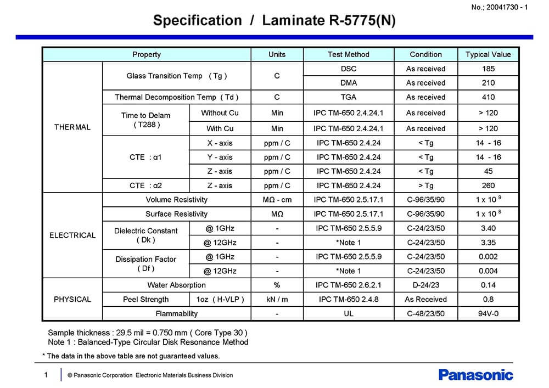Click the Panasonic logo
(476, 375)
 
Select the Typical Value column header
(488, 54)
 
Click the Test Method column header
(348, 54)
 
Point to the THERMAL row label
(72, 127)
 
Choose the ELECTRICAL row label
(72, 235)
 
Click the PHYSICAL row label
(72, 299)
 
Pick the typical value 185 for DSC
(488, 69)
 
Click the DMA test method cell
(348, 83)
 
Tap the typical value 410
(488, 97)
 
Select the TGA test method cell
(348, 97)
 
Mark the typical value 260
(488, 185)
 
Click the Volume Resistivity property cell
(177, 200)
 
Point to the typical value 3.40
(488, 228)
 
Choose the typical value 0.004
(488, 271)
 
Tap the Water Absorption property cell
(177, 285)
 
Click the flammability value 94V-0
(488, 313)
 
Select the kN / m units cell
(277, 299)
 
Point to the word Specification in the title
(197, 21)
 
